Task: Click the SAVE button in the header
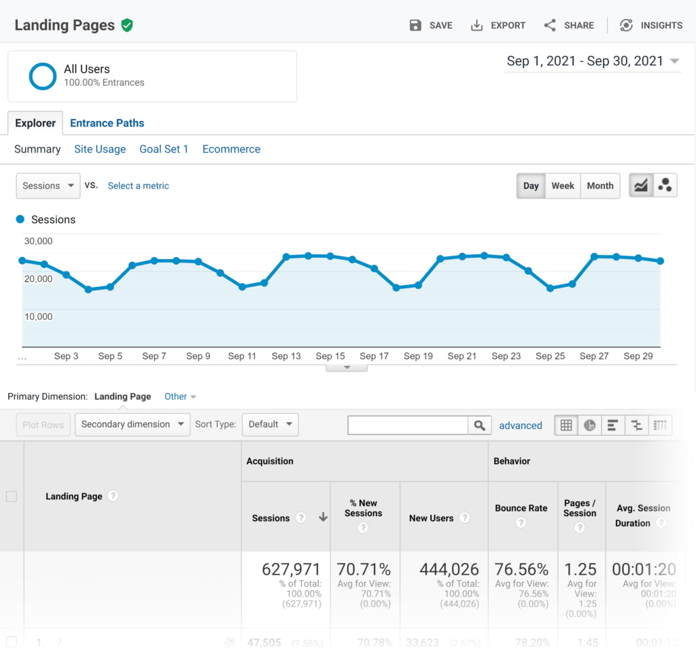coord(431,25)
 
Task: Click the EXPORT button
coord(498,25)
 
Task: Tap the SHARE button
coord(570,25)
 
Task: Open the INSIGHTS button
coord(651,25)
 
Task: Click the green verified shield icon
coord(127,25)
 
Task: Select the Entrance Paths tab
coord(107,123)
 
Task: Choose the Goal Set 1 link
coord(164,149)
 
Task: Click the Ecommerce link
coord(231,149)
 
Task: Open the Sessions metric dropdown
coord(48,186)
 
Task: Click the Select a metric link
coord(138,186)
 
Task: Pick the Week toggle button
coord(563,186)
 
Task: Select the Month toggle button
coord(600,186)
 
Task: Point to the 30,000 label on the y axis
coord(38,241)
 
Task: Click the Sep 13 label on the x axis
coord(286,356)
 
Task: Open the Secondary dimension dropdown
coord(133,424)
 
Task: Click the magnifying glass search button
coord(479,425)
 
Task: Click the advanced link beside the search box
coord(521,426)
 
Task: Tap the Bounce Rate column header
coord(521,508)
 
